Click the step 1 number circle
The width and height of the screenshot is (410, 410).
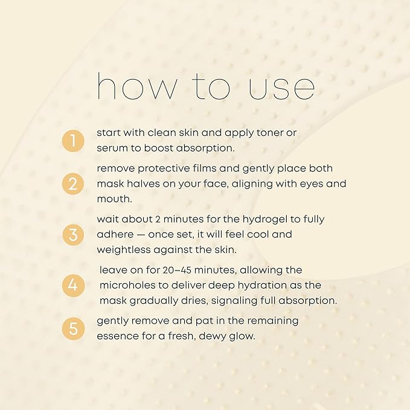point(73,141)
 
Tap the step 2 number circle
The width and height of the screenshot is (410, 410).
point(73,184)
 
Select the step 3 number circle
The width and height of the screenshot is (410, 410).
point(73,234)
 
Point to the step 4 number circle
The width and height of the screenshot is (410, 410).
point(73,285)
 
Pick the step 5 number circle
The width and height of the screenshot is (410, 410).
point(73,328)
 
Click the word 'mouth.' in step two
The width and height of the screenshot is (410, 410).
point(115,199)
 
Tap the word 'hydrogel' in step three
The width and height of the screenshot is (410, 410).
point(265,219)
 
